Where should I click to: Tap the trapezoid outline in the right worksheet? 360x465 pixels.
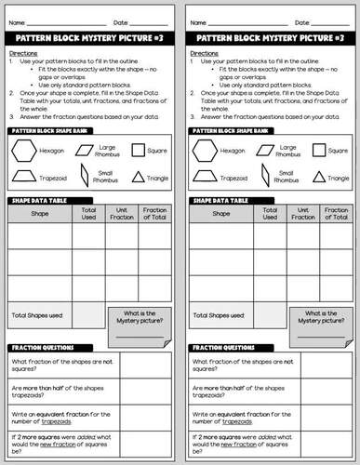[211, 176]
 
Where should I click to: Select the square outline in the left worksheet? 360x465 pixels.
[139, 150]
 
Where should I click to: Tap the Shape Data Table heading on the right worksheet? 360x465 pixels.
[220, 200]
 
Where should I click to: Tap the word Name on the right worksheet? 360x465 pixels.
[198, 20]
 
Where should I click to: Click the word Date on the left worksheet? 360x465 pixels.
[121, 20]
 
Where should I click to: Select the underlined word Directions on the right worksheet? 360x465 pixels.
[207, 54]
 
